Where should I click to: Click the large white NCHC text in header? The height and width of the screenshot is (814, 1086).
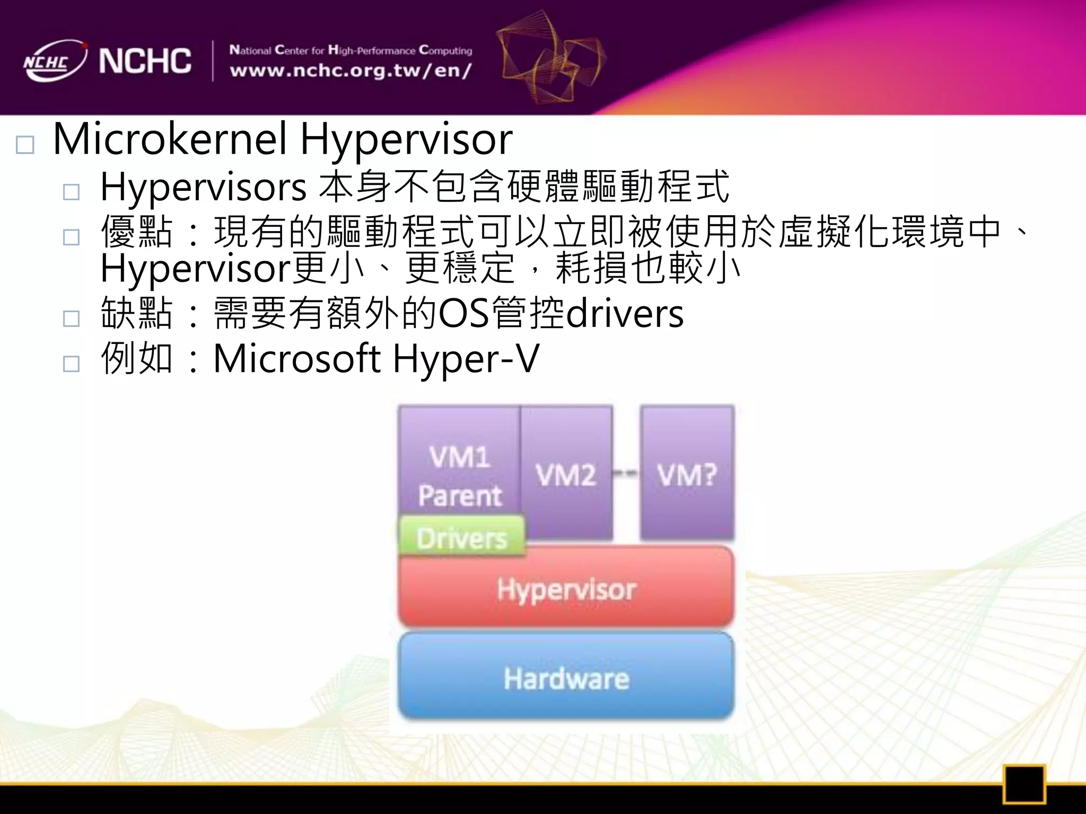click(145, 61)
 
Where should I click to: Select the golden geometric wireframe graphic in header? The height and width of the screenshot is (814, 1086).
click(551, 58)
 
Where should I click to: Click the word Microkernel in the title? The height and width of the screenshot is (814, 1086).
click(170, 139)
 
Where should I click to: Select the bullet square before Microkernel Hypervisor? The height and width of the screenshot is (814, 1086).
click(25, 145)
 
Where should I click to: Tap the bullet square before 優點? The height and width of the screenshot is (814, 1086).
click(71, 237)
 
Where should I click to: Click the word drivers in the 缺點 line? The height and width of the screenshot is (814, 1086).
click(625, 314)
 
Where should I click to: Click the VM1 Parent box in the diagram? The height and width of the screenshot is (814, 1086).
click(459, 466)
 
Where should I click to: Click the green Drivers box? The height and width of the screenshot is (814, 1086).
click(461, 537)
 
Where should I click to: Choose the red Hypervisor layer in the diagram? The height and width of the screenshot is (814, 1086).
click(566, 588)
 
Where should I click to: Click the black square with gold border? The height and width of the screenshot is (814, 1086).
click(1024, 784)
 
